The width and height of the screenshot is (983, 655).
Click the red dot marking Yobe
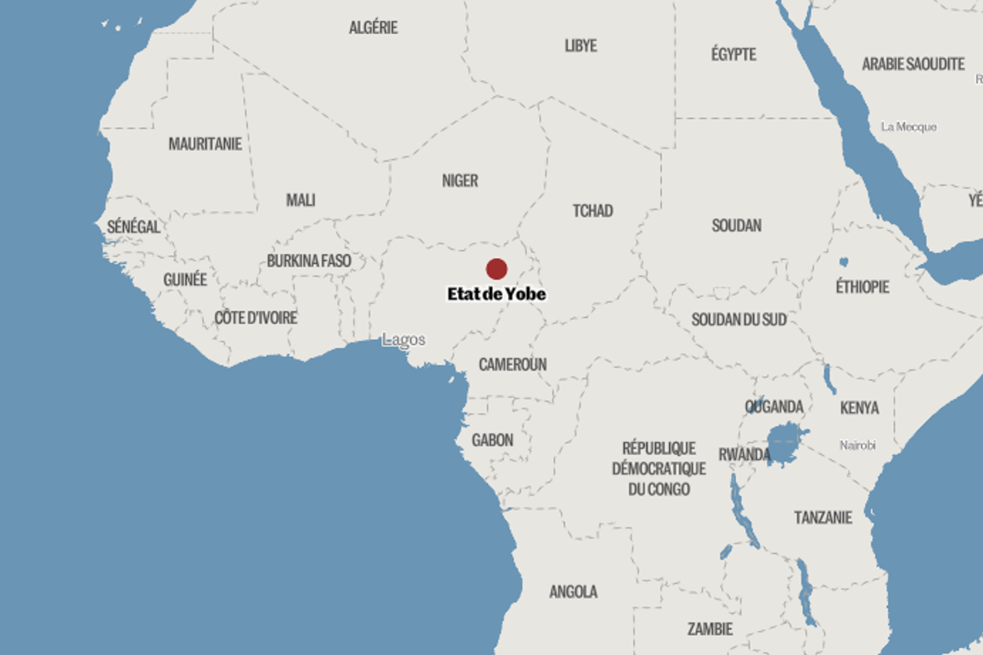(496, 269)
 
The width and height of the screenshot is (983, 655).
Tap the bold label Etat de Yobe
(496, 294)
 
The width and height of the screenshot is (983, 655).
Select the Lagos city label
(403, 339)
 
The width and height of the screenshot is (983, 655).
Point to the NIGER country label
(459, 181)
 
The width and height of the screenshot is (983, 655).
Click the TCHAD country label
(593, 211)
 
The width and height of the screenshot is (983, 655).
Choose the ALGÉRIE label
(373, 28)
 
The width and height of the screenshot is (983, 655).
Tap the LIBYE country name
(580, 46)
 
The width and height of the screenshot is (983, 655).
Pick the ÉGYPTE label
(733, 55)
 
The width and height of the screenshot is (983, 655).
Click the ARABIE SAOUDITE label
(913, 64)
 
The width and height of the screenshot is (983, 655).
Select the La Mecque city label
(908, 127)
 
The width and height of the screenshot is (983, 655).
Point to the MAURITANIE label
(205, 144)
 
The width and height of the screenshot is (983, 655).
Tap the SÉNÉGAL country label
(133, 227)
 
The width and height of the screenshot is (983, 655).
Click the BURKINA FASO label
(309, 261)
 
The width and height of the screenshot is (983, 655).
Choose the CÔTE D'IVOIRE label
(255, 318)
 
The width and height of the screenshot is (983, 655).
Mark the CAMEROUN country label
(512, 364)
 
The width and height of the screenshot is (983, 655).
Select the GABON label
(492, 440)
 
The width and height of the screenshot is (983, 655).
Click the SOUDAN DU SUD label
(739, 319)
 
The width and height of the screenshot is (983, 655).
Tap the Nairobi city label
(857, 446)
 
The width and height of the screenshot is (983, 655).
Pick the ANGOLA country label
(573, 592)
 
